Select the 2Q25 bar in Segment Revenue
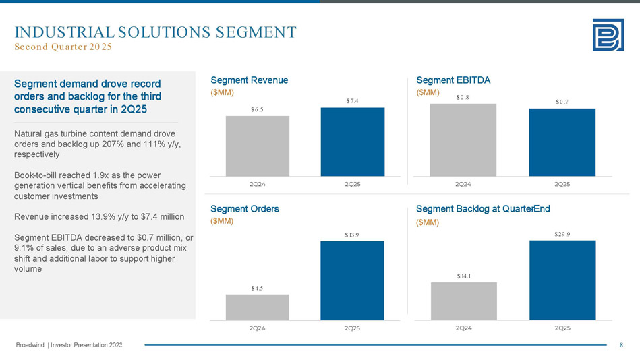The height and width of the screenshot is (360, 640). point(352,142)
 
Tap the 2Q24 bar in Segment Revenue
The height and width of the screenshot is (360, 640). point(257,146)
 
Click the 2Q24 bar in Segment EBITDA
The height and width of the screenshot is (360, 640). point(463,140)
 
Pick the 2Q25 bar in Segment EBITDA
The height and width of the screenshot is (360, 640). point(562,142)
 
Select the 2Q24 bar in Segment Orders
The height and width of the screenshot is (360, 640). point(257,307)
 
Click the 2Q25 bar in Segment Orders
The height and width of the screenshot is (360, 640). point(352,280)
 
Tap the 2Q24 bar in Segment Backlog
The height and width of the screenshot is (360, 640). point(463,301)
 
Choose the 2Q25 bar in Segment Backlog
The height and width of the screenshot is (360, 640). point(562,280)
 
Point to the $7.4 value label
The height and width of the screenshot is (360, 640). point(353,101)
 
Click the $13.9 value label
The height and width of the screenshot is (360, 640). point(351,235)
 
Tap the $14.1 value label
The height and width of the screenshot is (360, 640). point(463,276)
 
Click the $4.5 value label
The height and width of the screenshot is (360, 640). point(256,288)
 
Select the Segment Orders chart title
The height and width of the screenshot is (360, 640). point(245,209)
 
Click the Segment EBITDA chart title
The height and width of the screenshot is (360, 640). point(453,80)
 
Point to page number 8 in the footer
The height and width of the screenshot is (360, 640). point(621,346)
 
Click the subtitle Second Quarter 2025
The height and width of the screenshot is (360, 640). point(63,47)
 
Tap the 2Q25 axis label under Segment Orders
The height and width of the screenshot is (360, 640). point(351,328)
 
